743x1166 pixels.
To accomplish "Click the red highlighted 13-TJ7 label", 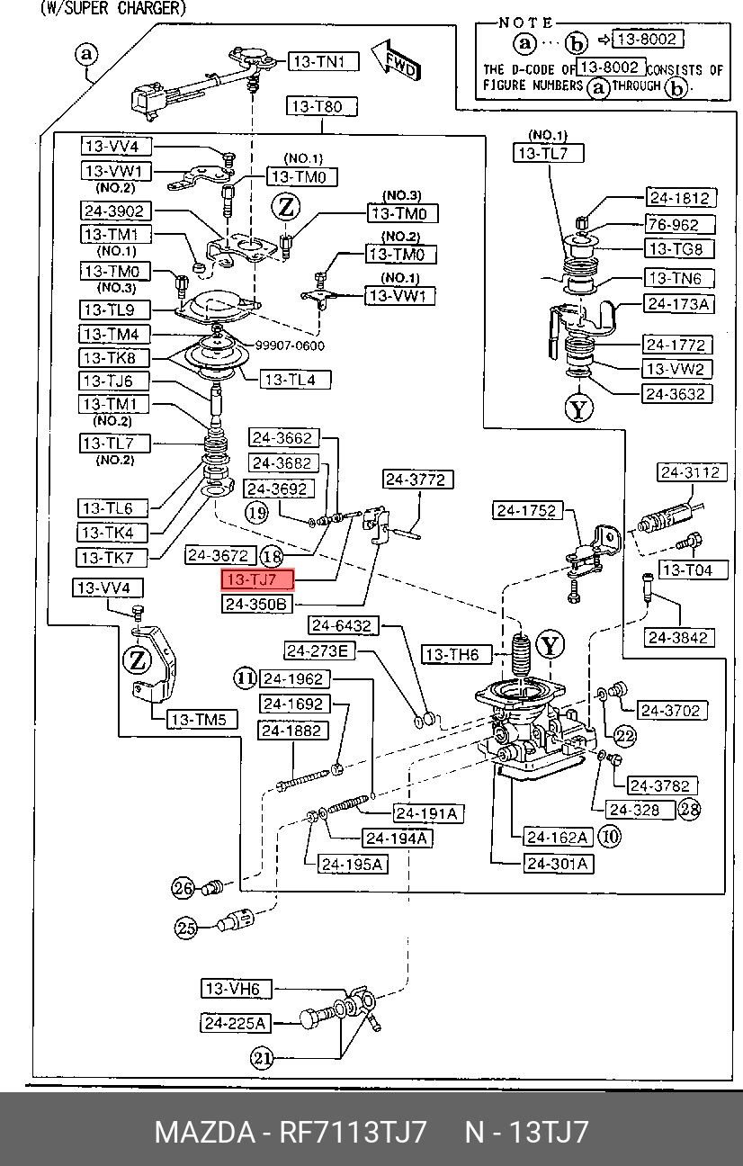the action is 257,579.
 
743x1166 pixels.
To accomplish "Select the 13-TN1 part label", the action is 324,62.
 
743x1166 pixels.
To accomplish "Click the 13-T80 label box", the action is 321,107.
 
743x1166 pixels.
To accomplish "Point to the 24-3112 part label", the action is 692,472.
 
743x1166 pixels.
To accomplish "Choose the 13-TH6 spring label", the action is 456,654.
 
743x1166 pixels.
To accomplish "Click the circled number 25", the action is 185,928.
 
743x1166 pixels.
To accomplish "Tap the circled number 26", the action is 184,887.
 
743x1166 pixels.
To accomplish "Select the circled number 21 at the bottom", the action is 262,1058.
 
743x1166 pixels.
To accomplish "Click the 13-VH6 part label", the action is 237,989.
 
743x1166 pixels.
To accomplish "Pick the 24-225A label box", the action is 235,1023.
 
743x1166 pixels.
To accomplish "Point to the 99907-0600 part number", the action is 290,345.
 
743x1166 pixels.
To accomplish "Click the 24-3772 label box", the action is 417,480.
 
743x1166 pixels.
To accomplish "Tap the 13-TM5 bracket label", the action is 201,720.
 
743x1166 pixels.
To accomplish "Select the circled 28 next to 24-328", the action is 690,809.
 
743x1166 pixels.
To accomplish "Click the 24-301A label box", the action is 559,864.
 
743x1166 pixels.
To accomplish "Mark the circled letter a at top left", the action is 86,54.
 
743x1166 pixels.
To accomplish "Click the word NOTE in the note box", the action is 525,22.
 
